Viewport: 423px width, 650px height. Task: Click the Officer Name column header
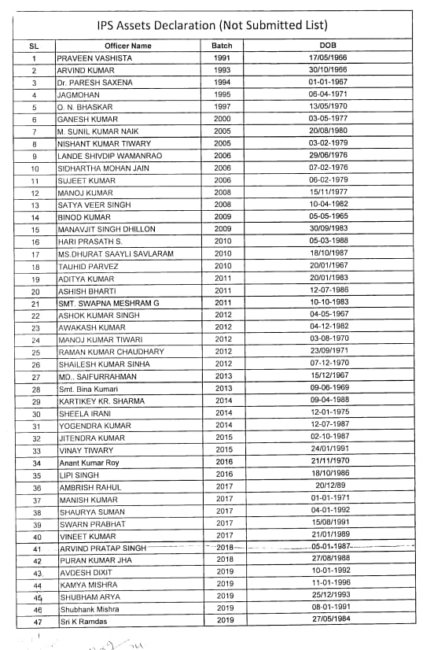(127, 46)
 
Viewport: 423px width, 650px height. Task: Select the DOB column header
(329, 46)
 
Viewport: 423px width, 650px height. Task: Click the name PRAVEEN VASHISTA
(94, 58)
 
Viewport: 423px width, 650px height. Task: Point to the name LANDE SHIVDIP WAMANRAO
(110, 156)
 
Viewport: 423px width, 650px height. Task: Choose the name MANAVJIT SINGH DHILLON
(107, 229)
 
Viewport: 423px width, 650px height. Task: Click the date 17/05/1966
(329, 58)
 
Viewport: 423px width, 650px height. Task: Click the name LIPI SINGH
(79, 475)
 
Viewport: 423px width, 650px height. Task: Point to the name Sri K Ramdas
(84, 622)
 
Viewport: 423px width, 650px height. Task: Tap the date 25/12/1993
(329, 597)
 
